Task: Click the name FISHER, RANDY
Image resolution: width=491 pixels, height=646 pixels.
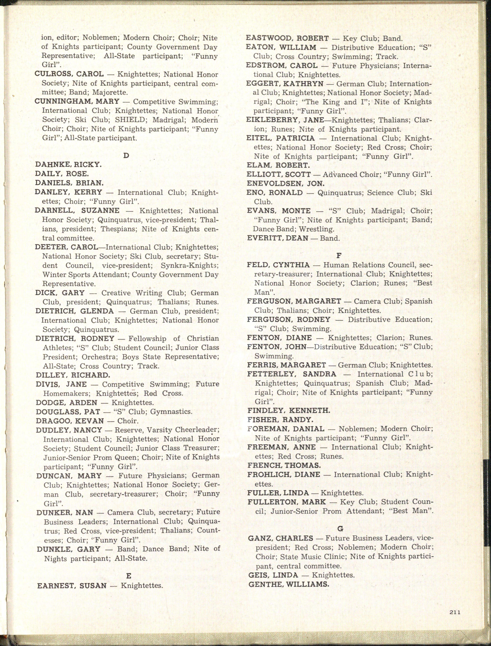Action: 280,420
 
